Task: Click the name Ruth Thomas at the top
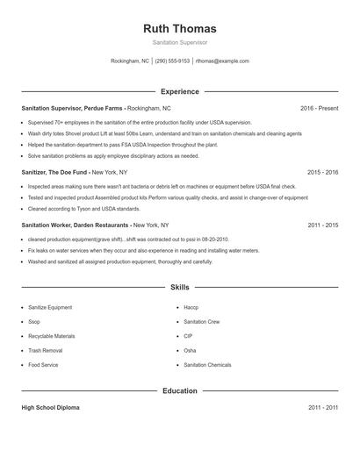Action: [x=179, y=28]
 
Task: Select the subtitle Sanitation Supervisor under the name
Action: [x=179, y=42]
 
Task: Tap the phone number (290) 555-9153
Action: [x=173, y=61]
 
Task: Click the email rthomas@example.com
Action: [x=222, y=61]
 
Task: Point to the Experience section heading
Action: [x=179, y=91]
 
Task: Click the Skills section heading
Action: [x=179, y=287]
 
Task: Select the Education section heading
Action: [x=179, y=390]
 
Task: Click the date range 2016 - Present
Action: [x=319, y=108]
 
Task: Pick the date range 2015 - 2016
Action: [x=322, y=173]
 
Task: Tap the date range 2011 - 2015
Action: [x=322, y=225]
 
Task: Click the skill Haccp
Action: [x=191, y=308]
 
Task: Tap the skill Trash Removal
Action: [x=45, y=350]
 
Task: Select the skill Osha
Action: [x=190, y=350]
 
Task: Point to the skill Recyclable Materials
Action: [x=51, y=336]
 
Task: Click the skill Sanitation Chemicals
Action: [x=207, y=364]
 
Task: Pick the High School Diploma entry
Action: [x=52, y=408]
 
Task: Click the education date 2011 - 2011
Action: [x=322, y=408]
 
